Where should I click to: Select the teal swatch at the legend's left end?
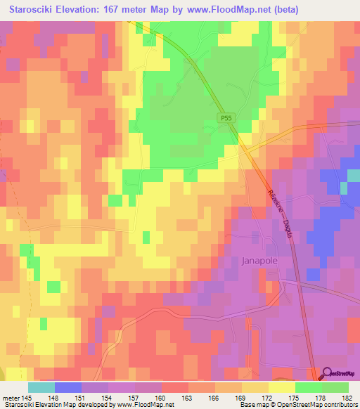coord(41,387)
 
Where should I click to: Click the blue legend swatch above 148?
coord(68,387)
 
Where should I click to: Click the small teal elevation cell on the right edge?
coord(344,188)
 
